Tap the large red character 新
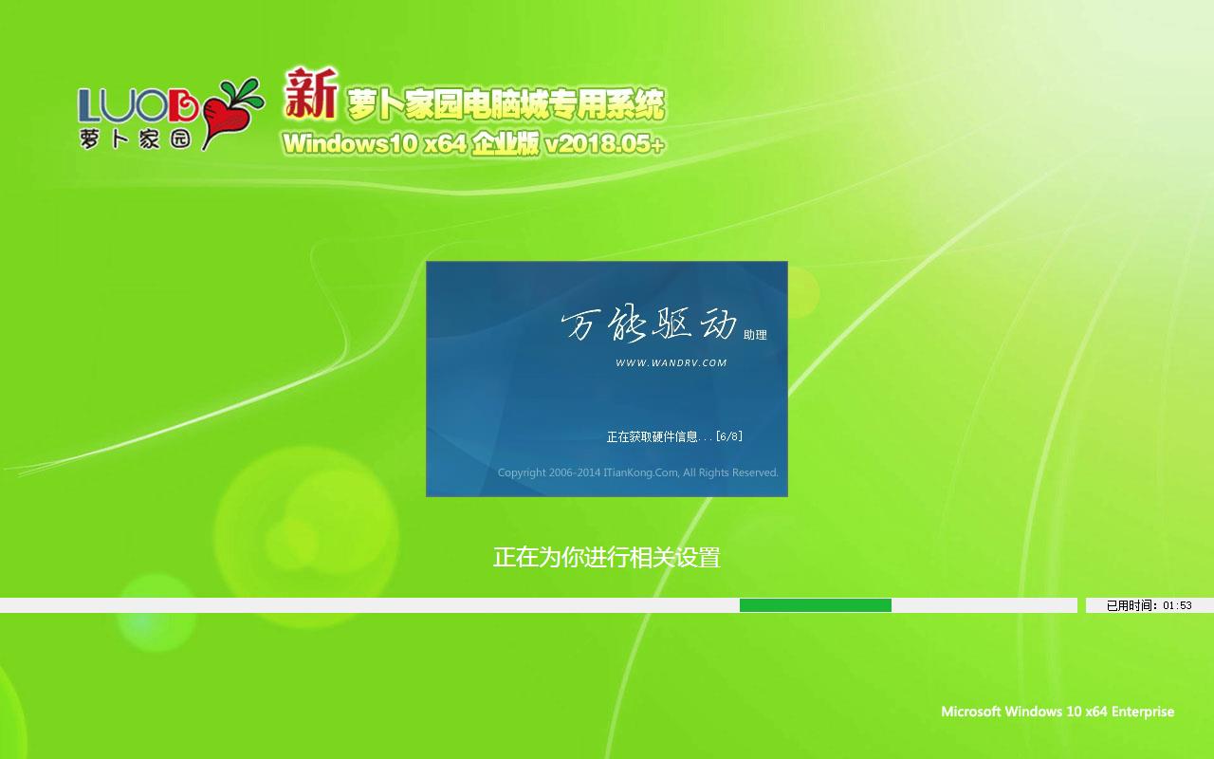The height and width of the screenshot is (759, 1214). tap(310, 93)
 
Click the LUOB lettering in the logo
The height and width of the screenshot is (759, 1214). tap(138, 105)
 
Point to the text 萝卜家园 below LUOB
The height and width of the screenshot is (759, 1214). tap(136, 139)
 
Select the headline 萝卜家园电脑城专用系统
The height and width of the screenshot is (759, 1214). tap(506, 104)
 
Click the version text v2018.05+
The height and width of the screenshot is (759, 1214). tap(604, 143)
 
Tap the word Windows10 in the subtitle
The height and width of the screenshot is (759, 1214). tap(350, 143)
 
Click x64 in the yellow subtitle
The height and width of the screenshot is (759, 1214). tap(445, 143)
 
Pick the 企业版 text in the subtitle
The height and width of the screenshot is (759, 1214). tap(506, 143)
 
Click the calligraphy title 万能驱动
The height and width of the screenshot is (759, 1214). tap(649, 324)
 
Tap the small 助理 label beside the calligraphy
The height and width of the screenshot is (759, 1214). tap(755, 335)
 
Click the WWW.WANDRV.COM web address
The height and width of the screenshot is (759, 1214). tap(671, 362)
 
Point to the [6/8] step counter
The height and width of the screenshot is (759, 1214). tap(729, 435)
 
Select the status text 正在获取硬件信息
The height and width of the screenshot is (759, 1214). tap(652, 436)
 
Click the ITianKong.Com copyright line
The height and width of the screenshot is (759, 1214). tap(638, 472)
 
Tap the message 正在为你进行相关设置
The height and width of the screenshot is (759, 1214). tap(606, 557)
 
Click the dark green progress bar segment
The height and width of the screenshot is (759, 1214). tap(815, 605)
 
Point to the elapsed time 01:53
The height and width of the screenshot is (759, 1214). tap(1177, 605)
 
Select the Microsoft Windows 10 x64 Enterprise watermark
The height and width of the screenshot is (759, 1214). tap(1058, 712)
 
